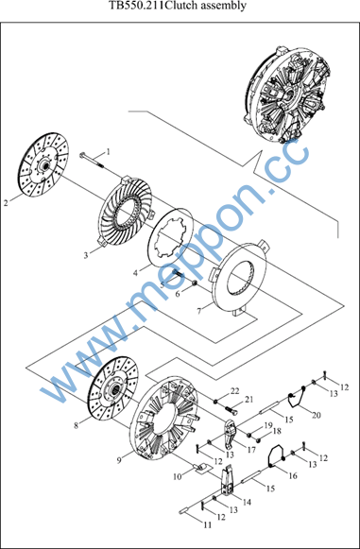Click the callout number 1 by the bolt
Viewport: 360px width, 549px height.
tap(109, 152)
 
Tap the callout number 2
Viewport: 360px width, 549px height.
tap(6, 203)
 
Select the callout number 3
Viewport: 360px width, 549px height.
tap(86, 255)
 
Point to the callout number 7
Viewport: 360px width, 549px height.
tap(199, 311)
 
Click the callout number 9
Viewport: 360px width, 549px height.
tap(119, 461)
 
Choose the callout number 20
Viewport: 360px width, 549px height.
tap(316, 415)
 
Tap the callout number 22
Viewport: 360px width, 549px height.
tap(234, 391)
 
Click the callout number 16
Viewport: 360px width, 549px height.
tap(293, 476)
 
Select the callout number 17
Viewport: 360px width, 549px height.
tap(251, 451)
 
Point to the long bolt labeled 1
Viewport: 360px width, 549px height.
tap(92, 161)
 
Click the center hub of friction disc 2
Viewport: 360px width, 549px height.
tap(44, 165)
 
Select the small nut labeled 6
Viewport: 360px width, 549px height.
tap(195, 283)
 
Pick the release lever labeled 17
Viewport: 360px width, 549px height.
tap(230, 433)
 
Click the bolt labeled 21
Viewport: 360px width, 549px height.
tap(231, 409)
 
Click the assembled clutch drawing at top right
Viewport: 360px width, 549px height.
tap(288, 94)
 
